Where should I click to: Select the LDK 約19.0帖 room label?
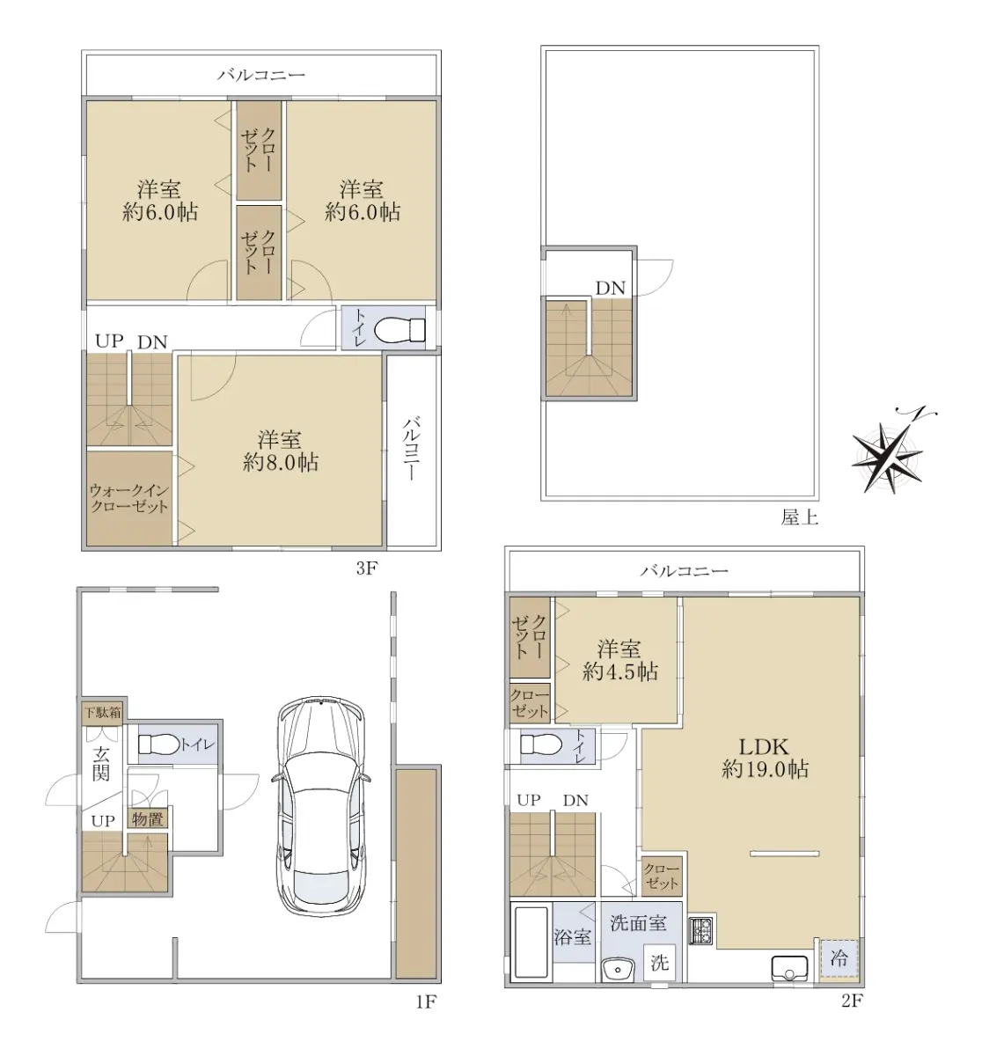[x=765, y=758]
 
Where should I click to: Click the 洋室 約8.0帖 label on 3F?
[x=280, y=451]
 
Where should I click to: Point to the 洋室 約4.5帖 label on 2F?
[x=620, y=660]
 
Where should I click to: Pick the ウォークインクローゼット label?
[x=129, y=498]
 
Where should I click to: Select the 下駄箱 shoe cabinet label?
[x=101, y=713]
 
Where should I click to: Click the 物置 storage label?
[x=147, y=819]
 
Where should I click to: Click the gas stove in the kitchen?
[x=701, y=930]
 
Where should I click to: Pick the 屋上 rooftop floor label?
[x=799, y=517]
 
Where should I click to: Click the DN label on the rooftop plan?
[x=610, y=288]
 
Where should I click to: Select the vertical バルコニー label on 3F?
[x=410, y=448]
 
